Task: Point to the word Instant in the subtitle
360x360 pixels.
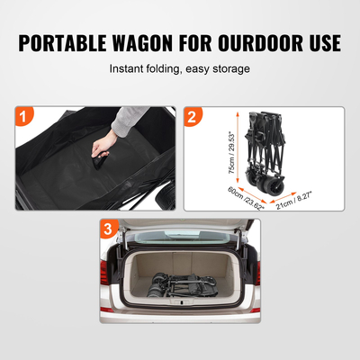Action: tap(129, 68)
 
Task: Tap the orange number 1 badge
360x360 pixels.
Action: tap(25, 117)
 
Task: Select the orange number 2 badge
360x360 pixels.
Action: tap(193, 117)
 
